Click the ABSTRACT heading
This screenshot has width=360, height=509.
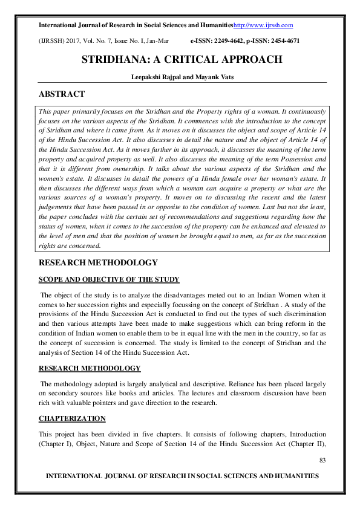61,94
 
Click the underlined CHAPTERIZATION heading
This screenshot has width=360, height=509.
72,418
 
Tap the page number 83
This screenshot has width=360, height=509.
322,461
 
